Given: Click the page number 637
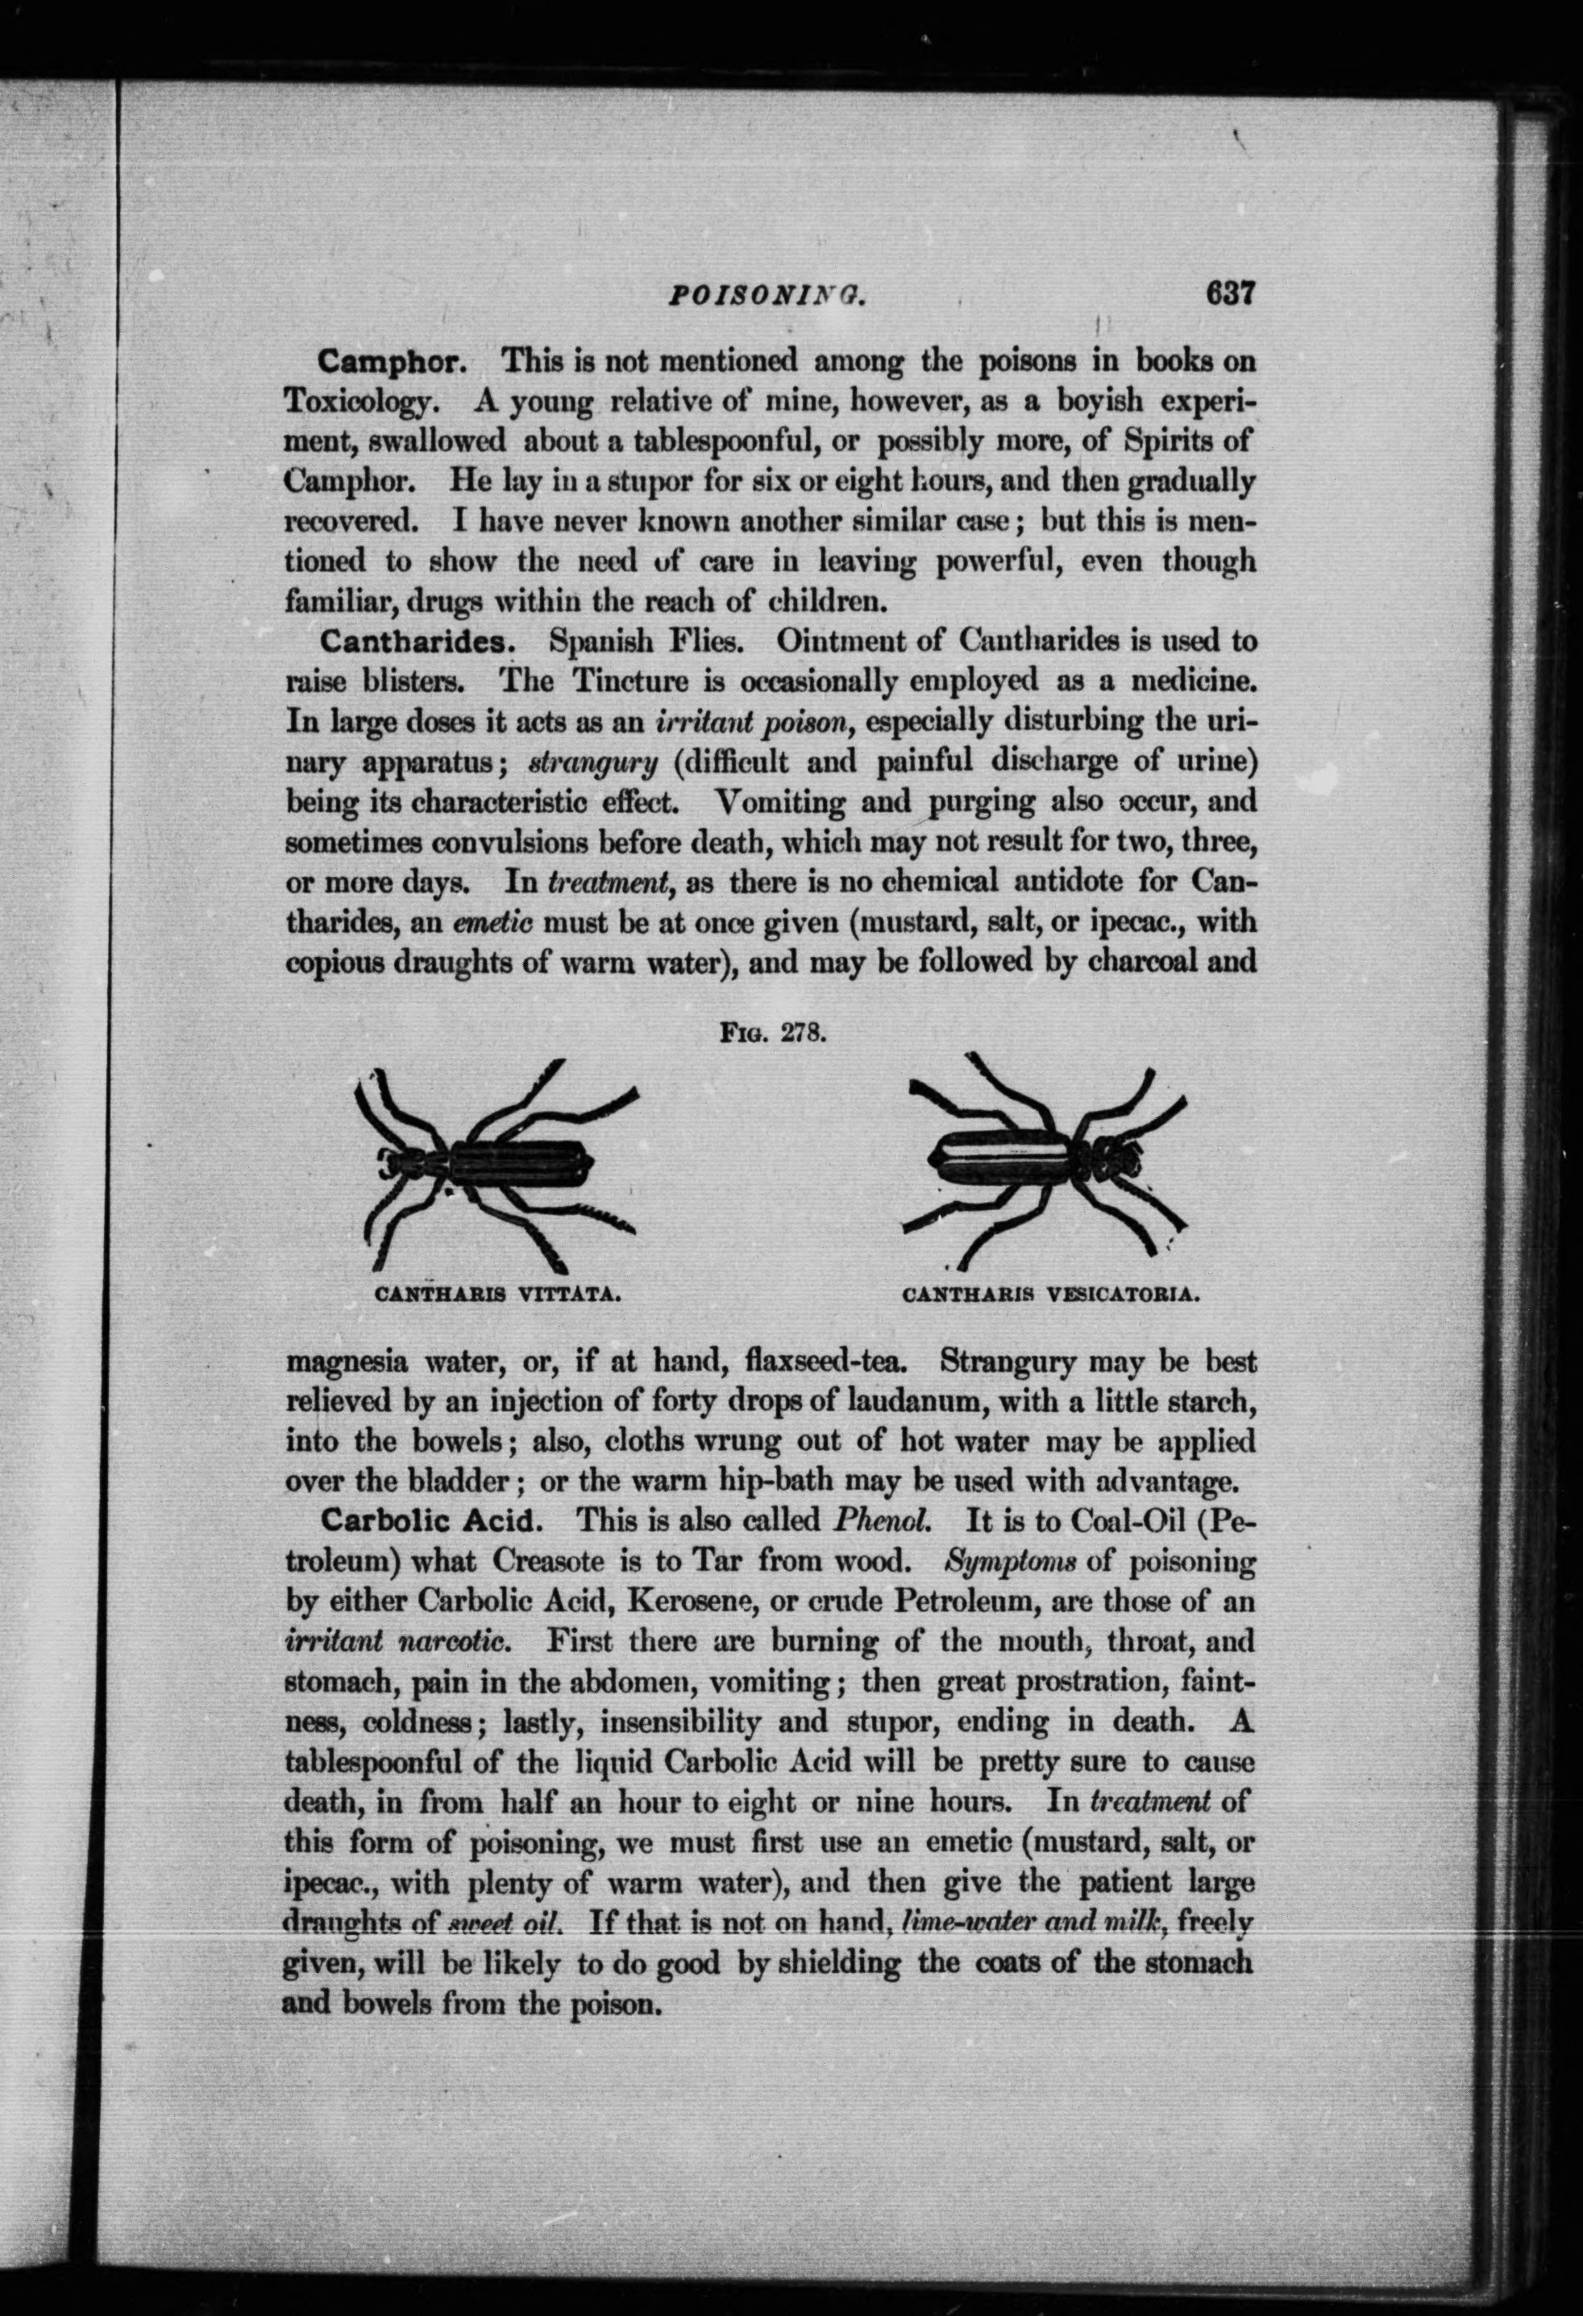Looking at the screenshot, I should tap(1228, 295).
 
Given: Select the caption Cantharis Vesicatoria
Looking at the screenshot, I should tap(1049, 1295).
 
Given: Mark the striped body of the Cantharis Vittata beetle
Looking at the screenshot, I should tap(518, 1162).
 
